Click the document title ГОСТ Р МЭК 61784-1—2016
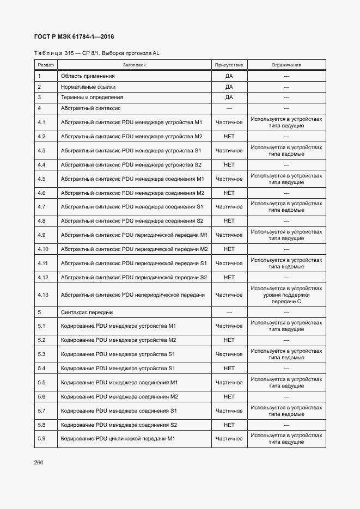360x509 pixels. [x=75, y=37]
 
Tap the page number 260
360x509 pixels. [x=39, y=462]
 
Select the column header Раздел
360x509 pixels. [x=46, y=65]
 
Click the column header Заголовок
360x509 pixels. [x=134, y=65]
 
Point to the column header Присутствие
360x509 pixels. [x=229, y=65]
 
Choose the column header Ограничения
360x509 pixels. [x=286, y=65]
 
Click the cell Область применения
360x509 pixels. [x=88, y=76]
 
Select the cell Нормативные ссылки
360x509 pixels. [x=88, y=87]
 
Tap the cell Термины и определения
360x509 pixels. [x=92, y=97]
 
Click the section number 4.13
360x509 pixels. [x=44, y=295]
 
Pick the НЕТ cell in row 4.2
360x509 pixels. [x=229, y=136]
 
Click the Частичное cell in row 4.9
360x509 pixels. [x=229, y=235]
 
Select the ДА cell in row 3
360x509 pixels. [x=229, y=97]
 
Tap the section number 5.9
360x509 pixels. [x=41, y=438]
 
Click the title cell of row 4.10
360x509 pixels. [x=135, y=249]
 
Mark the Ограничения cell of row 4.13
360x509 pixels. [x=286, y=295]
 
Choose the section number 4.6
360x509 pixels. [x=41, y=193]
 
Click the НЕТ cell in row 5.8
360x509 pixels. [x=229, y=425]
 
